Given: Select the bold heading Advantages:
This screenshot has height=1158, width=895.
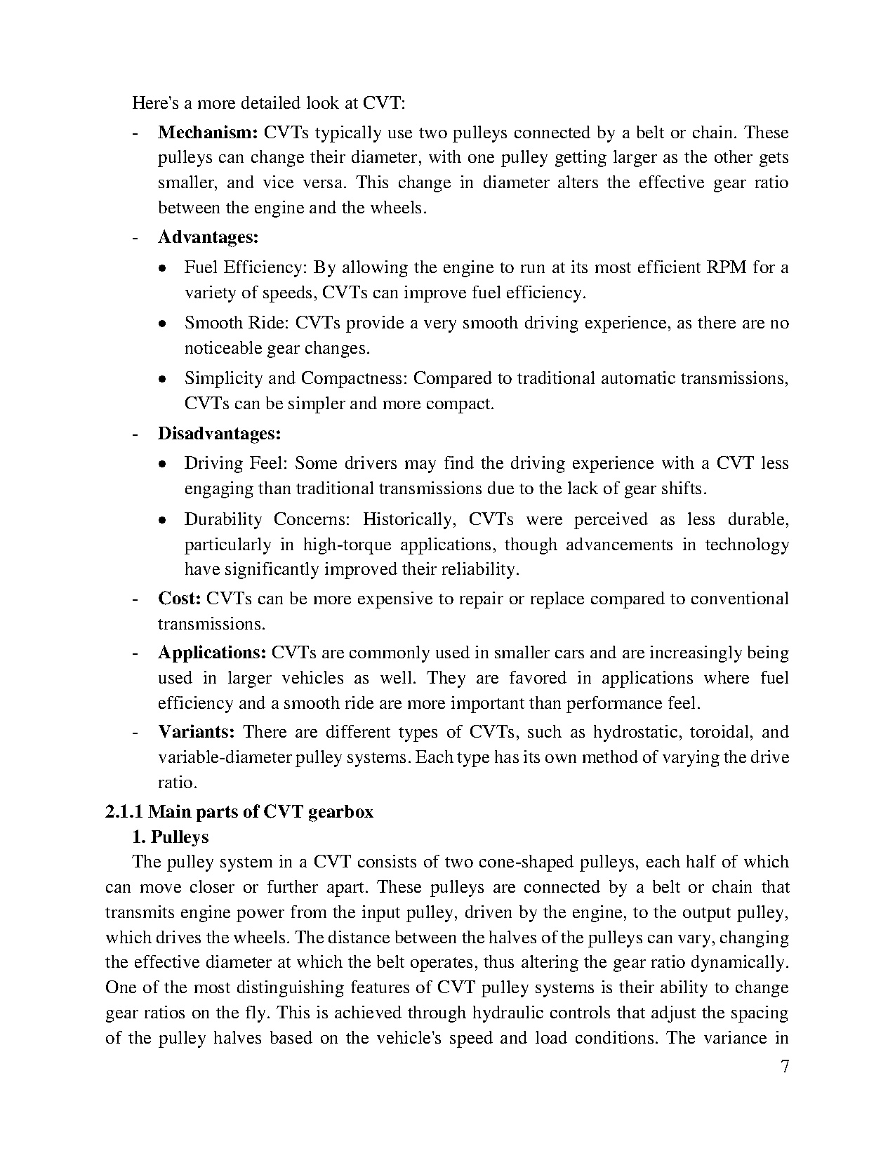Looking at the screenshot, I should (x=208, y=237).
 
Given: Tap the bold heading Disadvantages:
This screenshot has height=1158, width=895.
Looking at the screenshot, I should (x=219, y=434).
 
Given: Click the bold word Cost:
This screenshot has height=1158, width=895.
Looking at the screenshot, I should (x=180, y=599).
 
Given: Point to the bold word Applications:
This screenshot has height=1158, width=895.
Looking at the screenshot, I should (x=212, y=653).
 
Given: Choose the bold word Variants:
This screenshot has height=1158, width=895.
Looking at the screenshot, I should (x=196, y=732).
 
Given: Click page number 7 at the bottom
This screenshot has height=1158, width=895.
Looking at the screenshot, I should (x=785, y=1067).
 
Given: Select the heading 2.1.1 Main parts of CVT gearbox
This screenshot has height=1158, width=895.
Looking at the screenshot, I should (x=239, y=812).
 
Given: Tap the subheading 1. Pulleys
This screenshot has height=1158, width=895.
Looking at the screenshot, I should (x=171, y=837).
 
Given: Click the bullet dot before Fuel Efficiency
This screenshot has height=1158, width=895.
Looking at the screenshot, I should (x=162, y=268).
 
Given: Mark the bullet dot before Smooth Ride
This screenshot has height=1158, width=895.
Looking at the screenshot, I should (x=162, y=324).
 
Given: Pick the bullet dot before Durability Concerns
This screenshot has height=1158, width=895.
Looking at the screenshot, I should (x=162, y=521).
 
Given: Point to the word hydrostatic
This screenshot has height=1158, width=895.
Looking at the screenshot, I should (x=637, y=732).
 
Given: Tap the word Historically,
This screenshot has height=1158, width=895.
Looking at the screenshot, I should (x=409, y=519).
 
